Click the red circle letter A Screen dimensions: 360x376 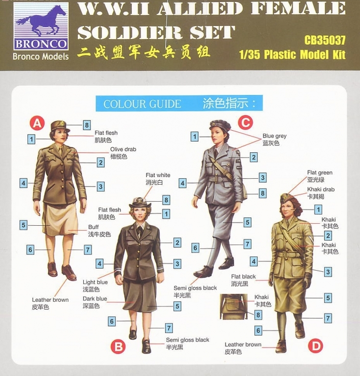click(37, 123)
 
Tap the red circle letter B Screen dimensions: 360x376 click(118, 347)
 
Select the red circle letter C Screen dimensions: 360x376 click(245, 122)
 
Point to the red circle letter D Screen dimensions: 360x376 click(315, 346)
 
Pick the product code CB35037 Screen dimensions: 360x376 click(325, 40)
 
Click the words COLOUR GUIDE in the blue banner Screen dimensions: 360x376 click(142, 104)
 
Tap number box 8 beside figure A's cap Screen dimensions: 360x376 click(87, 125)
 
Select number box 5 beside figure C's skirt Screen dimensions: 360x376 click(247, 222)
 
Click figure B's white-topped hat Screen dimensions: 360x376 click(140, 203)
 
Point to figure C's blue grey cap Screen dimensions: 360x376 click(220, 125)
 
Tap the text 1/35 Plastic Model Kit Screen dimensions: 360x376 click(292, 55)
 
